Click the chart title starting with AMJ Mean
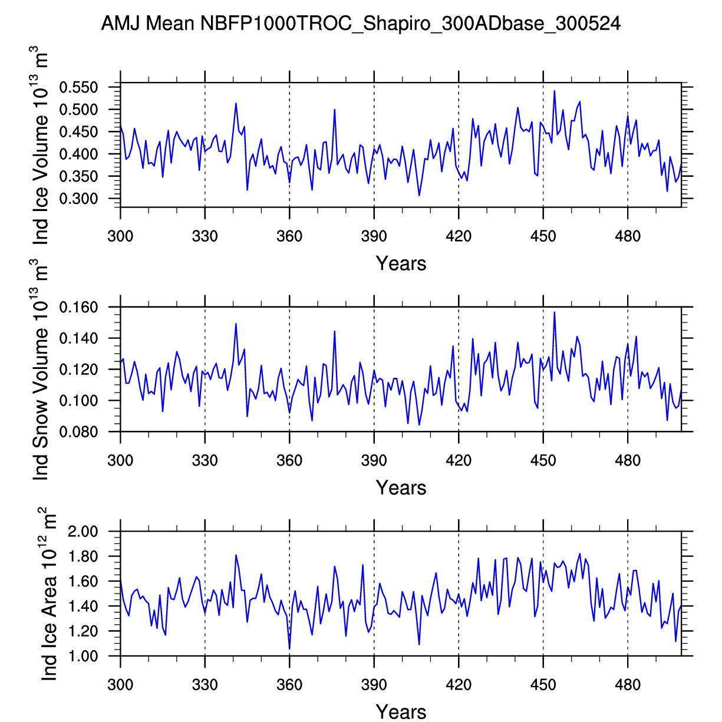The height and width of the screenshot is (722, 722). [x=361, y=24]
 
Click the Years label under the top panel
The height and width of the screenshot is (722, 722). [x=401, y=263]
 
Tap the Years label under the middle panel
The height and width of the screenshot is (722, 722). [x=401, y=488]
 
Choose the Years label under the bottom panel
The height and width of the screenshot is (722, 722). [x=401, y=711]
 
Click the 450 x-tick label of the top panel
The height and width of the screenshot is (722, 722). [x=543, y=237]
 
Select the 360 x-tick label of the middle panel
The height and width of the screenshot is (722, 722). [x=289, y=460]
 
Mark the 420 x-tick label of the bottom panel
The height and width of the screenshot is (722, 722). [x=459, y=685]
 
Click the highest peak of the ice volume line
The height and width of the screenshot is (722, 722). [x=555, y=91]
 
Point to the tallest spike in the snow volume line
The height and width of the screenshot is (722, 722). [x=555, y=312]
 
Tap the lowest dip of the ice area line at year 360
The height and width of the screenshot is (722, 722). [x=289, y=649]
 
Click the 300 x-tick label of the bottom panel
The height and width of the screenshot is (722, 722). [x=120, y=685]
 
